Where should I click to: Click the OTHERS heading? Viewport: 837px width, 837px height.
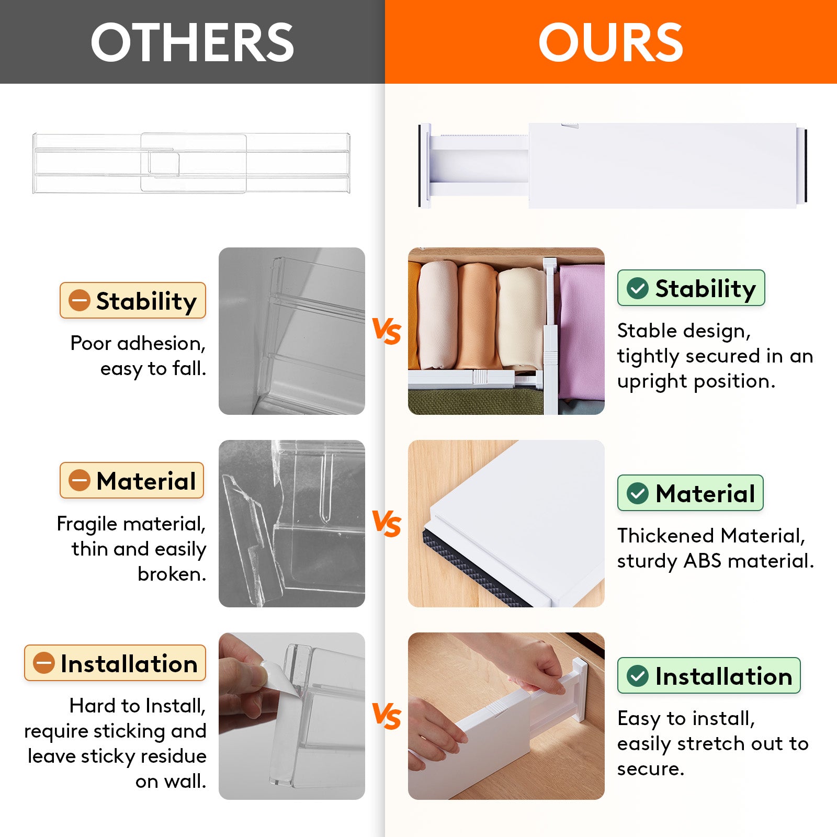(192, 42)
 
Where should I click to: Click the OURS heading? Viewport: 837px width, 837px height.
(610, 42)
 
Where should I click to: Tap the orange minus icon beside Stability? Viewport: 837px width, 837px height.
(80, 300)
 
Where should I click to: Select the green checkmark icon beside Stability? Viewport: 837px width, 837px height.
(637, 288)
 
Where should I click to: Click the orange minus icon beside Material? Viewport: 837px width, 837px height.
(80, 480)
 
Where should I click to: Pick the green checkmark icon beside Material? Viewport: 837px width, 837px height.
(637, 493)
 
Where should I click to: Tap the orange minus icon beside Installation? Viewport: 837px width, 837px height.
(44, 663)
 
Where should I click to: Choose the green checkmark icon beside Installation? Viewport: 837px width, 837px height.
(637, 676)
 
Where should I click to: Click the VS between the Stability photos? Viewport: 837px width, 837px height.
(386, 331)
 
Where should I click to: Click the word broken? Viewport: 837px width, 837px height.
(172, 574)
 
